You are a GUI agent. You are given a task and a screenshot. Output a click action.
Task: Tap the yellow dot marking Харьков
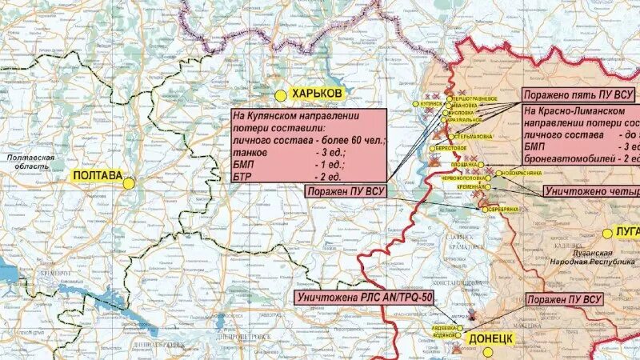[281, 94]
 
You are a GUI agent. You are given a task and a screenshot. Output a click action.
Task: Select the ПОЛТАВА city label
[97, 176]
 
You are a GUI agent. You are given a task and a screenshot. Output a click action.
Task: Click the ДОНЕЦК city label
[489, 338]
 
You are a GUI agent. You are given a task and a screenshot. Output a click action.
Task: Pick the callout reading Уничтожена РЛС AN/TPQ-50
[364, 298]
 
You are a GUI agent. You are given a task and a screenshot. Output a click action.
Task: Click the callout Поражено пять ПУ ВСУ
[578, 94]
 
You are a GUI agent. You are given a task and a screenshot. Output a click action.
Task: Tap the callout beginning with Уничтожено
[592, 192]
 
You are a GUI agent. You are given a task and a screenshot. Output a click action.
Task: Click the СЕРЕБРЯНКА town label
[502, 209]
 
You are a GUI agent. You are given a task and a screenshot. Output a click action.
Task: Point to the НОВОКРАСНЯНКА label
[525, 173]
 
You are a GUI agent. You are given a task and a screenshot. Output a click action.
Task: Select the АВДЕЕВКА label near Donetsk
[444, 328]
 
